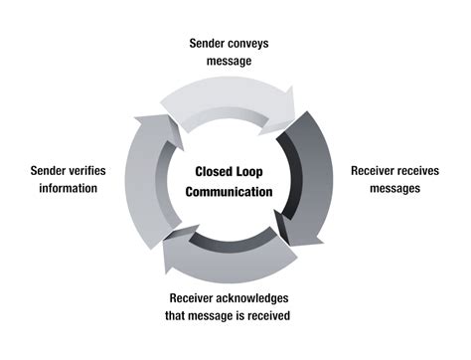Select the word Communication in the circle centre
point(235,192)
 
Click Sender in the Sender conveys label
point(210,44)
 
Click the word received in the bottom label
point(298,316)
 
